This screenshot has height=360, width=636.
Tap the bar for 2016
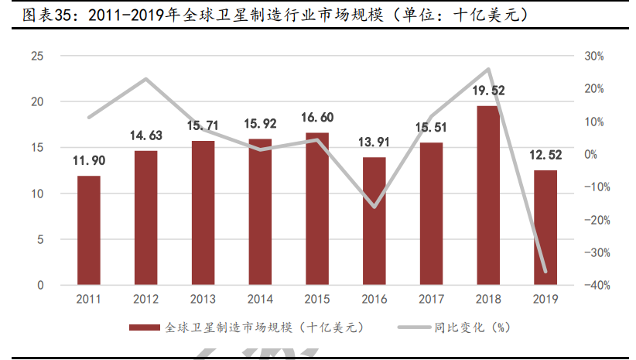pos(374,221)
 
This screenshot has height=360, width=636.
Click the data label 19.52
pos(488,91)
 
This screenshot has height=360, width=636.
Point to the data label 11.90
pos(89,161)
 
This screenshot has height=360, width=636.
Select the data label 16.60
pos(317,118)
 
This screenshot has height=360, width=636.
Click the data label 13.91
pos(374,142)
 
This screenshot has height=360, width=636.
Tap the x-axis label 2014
pos(260,299)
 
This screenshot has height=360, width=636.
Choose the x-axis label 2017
pos(431,299)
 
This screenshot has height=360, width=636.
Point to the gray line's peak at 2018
pos(488,70)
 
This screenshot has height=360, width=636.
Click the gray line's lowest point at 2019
pos(545,272)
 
